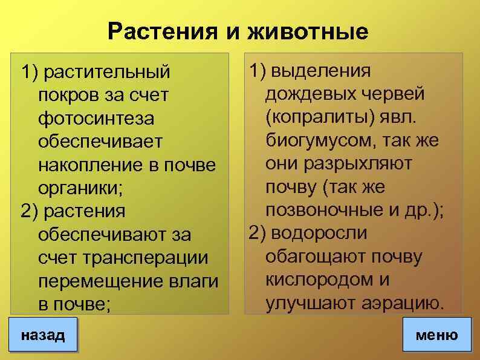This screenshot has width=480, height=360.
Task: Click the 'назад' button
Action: [42, 335]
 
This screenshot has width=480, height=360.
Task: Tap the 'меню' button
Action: [436, 335]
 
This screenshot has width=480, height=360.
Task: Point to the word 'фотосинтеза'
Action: [95, 118]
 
